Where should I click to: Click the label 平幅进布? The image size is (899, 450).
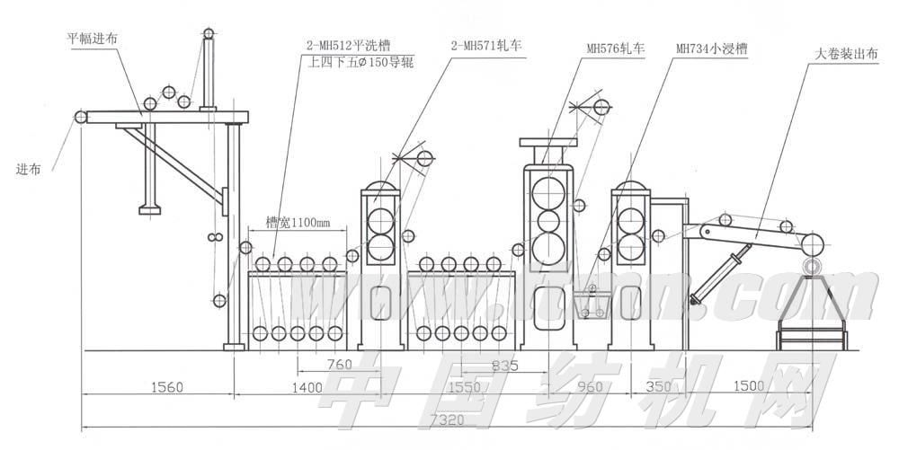coord(93,40)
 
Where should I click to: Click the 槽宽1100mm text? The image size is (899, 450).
coord(298,220)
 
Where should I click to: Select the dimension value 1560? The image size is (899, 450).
coord(165,387)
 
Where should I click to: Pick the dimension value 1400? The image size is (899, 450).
coord(307,387)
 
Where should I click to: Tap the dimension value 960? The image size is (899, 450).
coord(589,387)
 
